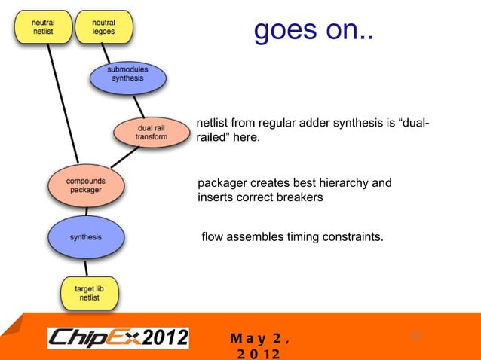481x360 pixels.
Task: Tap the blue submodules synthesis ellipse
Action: point(128,74)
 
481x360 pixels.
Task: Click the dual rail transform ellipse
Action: point(151,132)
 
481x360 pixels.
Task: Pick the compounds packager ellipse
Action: point(85,186)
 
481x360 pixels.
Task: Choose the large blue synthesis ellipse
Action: point(85,237)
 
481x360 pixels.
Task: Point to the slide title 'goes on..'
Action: point(313,32)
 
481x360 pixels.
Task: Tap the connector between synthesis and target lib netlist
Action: point(87,267)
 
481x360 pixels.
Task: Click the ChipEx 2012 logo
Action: point(118,337)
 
